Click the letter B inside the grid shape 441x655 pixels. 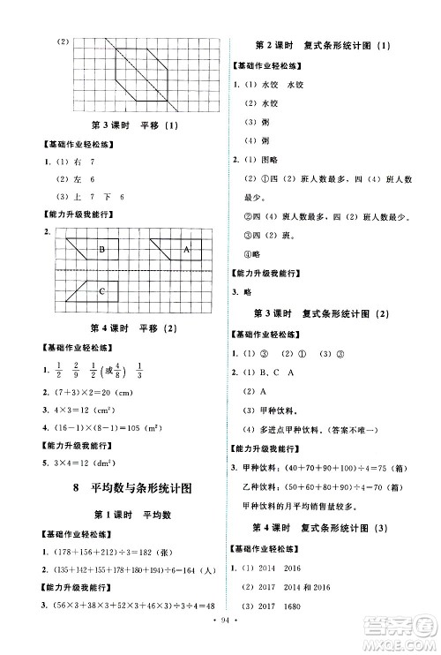(x=102, y=251)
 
